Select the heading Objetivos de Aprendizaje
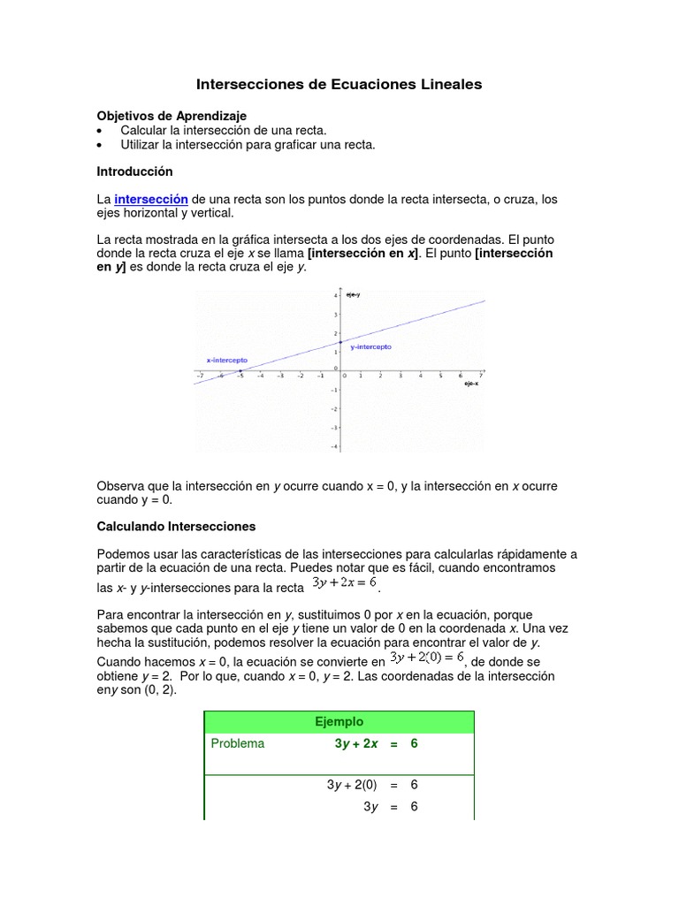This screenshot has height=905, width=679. pos(172,116)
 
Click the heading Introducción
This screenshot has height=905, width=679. pos(134,171)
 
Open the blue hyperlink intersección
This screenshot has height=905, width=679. pos(151,200)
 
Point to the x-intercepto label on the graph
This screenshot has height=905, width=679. pos(226,360)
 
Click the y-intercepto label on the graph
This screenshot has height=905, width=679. pos(370,346)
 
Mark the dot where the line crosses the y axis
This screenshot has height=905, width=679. pos(340,342)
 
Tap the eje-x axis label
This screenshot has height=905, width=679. pos(471,384)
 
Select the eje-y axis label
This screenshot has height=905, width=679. pos(354,295)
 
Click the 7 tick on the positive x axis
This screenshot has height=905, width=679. pos(479,376)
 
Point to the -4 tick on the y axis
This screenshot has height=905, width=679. pos(334,446)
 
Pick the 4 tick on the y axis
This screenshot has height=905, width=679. pos(335,295)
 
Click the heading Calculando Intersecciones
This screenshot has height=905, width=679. pos(176,527)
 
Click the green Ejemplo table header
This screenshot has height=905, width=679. pos(339,722)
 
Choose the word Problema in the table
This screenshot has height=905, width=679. pos(238,744)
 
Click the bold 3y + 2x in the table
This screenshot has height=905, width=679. pos(356,744)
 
